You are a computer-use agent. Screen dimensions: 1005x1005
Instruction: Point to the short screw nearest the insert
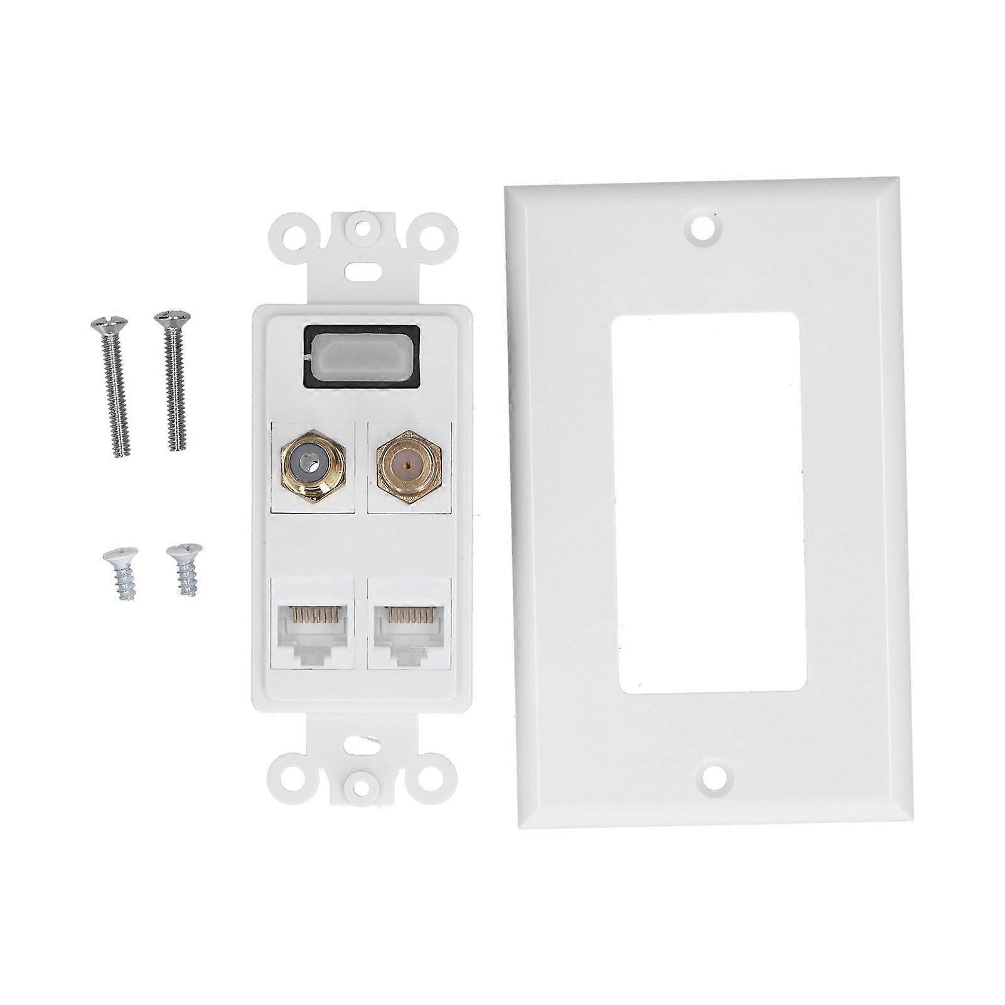point(185,568)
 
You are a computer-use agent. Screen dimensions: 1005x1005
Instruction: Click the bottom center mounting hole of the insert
point(362,782)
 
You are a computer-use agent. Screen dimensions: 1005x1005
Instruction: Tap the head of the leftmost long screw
point(110,325)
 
